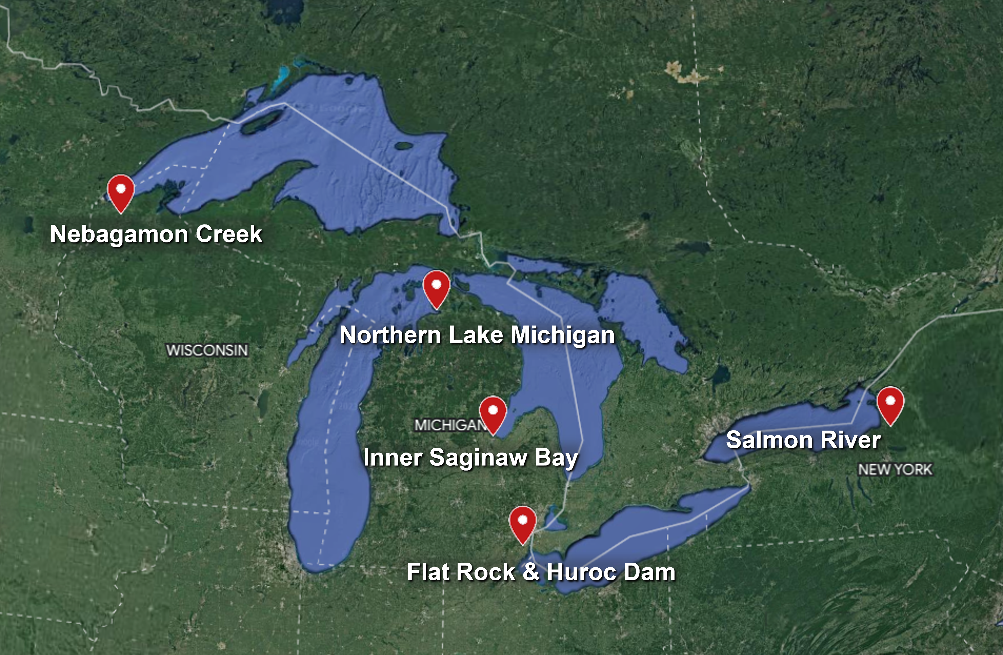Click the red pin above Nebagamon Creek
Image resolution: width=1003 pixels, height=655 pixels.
(x=120, y=192)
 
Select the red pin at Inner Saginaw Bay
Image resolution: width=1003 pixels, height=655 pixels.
(x=493, y=413)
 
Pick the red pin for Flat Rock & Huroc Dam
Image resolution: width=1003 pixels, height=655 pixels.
(x=523, y=523)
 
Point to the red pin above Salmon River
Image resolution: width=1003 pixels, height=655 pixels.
(x=890, y=404)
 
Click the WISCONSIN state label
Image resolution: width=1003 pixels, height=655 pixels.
(x=207, y=350)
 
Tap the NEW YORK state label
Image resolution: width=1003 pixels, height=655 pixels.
(x=895, y=469)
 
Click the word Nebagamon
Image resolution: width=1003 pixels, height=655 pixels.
(x=119, y=234)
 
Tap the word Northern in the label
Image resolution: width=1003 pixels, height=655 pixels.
(x=390, y=336)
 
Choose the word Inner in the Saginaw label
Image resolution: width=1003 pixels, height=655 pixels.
(x=392, y=458)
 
